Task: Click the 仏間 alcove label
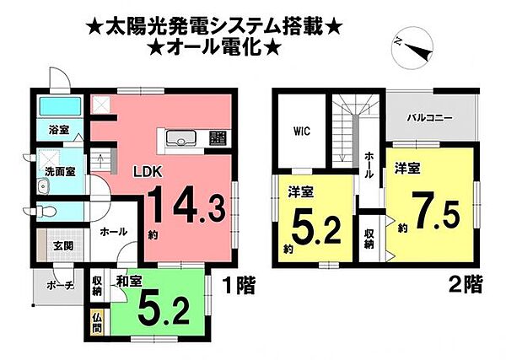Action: tap(95, 323)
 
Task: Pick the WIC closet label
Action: tap(303, 132)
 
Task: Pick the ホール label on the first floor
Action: tap(113, 231)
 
